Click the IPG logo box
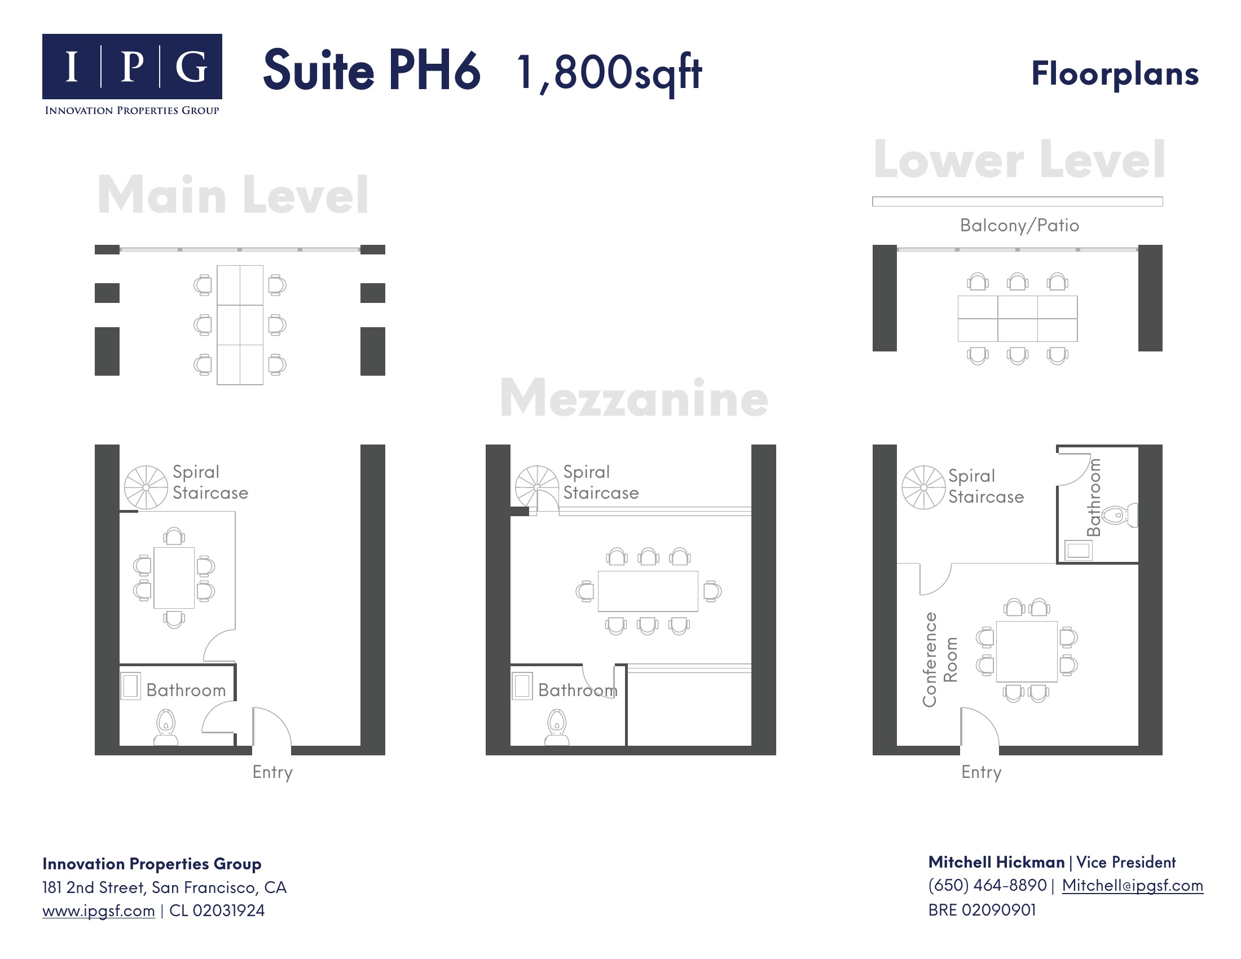(132, 67)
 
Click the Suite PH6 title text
(372, 71)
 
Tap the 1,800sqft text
(609, 73)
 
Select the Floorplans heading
(1115, 74)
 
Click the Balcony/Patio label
(1019, 226)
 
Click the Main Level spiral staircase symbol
(146, 487)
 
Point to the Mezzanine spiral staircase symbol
(537, 487)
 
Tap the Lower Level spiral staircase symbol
(924, 487)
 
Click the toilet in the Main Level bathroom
(166, 727)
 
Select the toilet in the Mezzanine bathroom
(557, 727)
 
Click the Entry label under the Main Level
(273, 773)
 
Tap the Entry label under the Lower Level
(982, 773)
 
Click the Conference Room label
(940, 659)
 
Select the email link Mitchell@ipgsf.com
(1133, 885)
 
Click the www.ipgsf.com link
(98, 910)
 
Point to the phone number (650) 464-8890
(988, 885)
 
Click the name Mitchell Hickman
(997, 863)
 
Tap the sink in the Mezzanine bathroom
(523, 686)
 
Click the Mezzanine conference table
(648, 591)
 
